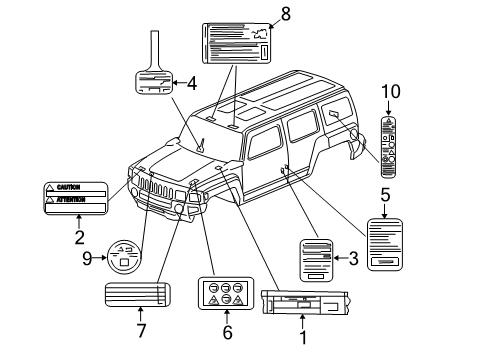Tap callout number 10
pos(390,92)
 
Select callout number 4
pos(192,82)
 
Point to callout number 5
pos(384,195)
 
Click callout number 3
pos(353,259)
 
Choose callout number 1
pos(301,337)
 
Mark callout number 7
pos(142,329)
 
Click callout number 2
pos(78,237)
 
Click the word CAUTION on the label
pos(68,187)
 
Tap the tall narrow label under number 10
pos(390,141)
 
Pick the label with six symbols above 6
pos(226,293)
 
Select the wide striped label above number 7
pos(139,296)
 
